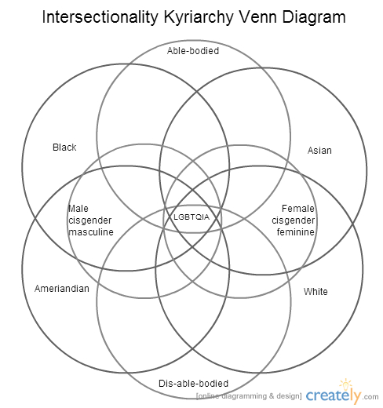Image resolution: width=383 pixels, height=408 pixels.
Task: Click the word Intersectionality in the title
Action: [x=100, y=17]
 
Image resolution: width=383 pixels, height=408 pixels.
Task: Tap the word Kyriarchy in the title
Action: [x=199, y=18]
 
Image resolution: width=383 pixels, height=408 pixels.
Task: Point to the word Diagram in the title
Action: [x=314, y=18]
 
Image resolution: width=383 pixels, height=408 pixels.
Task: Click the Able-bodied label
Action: [x=193, y=51]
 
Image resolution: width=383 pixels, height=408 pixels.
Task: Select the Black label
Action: [x=64, y=148]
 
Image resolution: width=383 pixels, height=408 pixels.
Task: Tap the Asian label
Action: [x=319, y=151]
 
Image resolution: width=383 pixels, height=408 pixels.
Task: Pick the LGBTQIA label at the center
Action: [x=191, y=217]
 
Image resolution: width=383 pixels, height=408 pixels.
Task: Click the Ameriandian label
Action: [x=62, y=289]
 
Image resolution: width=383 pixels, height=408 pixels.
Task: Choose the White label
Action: [x=316, y=292]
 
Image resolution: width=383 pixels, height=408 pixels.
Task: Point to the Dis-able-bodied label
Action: [x=194, y=384]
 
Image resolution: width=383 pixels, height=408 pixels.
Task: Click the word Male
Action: [x=78, y=209]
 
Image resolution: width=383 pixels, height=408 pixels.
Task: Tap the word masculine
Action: [x=91, y=232]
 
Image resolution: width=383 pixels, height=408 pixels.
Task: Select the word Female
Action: [x=298, y=209]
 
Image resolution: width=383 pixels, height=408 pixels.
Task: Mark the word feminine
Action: [x=296, y=232]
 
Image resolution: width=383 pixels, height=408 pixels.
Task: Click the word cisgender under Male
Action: [x=90, y=220]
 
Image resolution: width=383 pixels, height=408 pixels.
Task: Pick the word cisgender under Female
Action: [x=293, y=220]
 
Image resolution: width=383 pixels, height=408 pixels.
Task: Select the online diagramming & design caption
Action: [x=249, y=396]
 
